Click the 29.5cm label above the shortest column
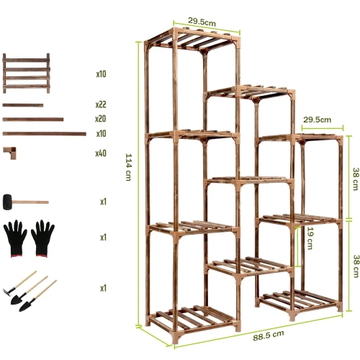[317, 120]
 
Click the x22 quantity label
[101, 105]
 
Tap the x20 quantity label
[101, 119]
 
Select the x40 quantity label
[101, 153]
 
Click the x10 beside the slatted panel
[101, 74]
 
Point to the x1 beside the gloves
[104, 238]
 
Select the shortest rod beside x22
[22, 105]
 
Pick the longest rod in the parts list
[44, 133]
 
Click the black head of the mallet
[9, 201]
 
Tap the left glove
[16, 238]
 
